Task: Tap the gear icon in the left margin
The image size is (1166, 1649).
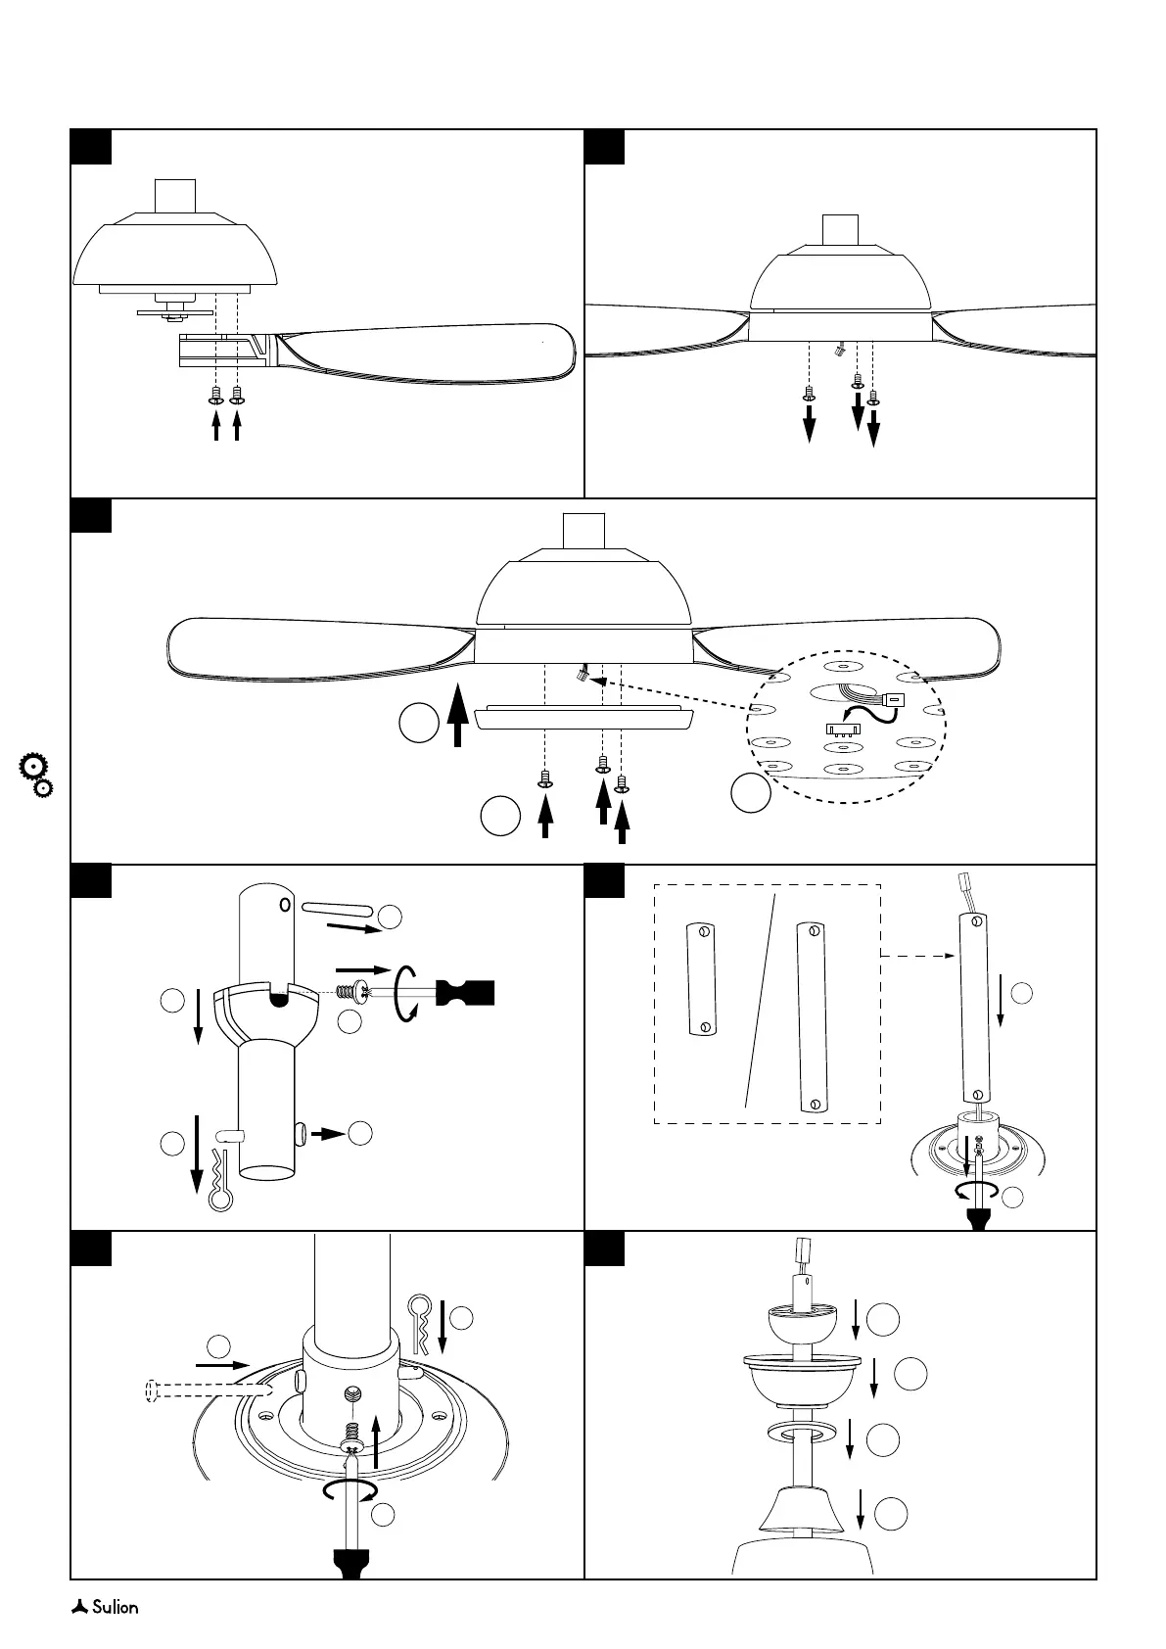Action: [x=36, y=774]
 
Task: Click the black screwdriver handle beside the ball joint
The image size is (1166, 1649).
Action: [x=467, y=992]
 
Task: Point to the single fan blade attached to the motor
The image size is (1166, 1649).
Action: [x=421, y=353]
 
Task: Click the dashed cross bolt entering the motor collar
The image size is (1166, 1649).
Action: [x=201, y=1390]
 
